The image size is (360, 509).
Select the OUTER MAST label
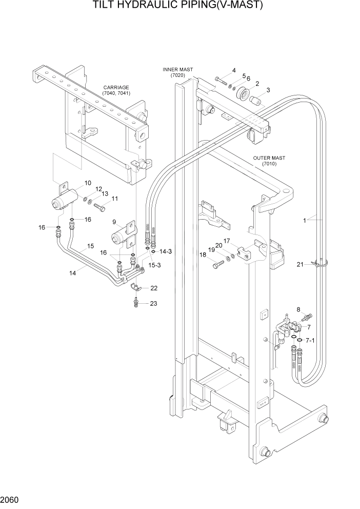pos(269,158)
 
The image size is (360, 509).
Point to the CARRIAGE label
pos(115,88)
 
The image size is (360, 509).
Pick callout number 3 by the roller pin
pos(268,90)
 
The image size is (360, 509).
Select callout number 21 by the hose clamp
pos(300,265)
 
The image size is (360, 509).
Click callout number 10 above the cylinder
pos(87,183)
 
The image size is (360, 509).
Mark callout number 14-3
pos(165,251)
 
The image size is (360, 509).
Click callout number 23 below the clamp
pos(153,303)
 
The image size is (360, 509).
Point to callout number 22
pos(153,287)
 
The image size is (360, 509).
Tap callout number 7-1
pos(310,340)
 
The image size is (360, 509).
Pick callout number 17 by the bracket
pos(226,241)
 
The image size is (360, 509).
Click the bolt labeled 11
pos(99,208)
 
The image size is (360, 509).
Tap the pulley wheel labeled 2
pos(242,95)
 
